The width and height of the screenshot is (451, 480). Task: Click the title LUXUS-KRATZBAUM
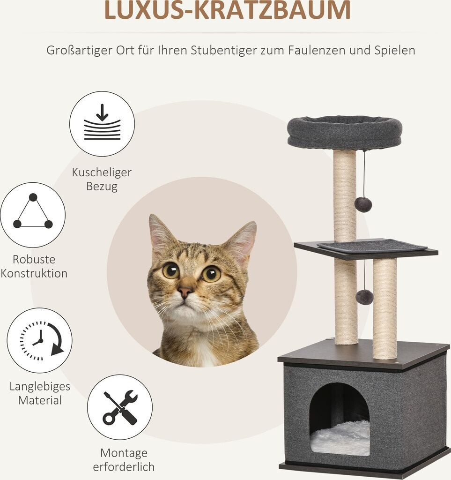[x=227, y=10]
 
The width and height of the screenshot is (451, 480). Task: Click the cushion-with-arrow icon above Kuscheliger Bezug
[x=102, y=124]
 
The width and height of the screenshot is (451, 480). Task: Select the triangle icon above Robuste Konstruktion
[x=33, y=215]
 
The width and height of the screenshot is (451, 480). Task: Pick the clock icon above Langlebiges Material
[x=40, y=340]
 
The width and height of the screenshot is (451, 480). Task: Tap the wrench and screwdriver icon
[x=120, y=407]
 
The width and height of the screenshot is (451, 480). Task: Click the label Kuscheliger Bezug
[x=102, y=179]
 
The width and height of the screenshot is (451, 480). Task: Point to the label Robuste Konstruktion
[x=34, y=266]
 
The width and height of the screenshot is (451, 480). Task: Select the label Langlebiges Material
[x=40, y=393]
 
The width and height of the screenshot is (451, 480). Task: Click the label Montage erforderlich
[x=124, y=460]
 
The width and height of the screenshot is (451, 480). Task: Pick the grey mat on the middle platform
[x=372, y=246]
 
